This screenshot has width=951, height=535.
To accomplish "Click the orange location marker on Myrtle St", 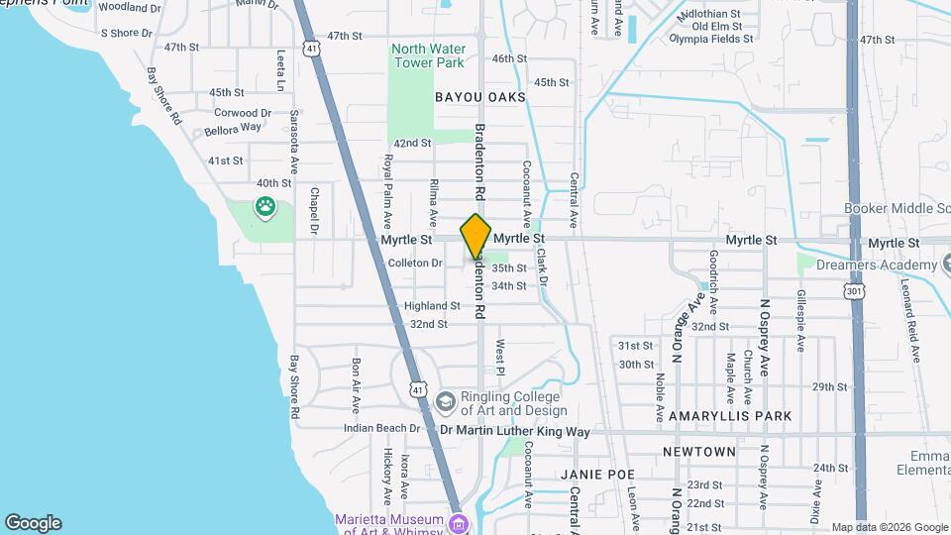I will [475, 236].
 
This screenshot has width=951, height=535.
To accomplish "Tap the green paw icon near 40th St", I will [264, 207].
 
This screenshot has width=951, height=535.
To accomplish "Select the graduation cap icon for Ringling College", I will [445, 401].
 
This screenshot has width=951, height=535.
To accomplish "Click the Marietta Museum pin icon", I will [457, 522].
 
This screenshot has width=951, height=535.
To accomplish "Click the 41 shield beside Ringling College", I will [419, 391].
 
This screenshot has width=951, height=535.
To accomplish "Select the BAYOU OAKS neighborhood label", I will [479, 97].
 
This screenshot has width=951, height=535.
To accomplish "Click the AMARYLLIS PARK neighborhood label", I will [731, 417].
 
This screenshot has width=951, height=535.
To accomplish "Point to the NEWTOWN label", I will [699, 452].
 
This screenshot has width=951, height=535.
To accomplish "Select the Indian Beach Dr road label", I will [383, 428].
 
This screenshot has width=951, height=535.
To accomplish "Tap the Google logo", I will [33, 523].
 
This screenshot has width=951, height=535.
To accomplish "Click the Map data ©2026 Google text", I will [889, 527].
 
